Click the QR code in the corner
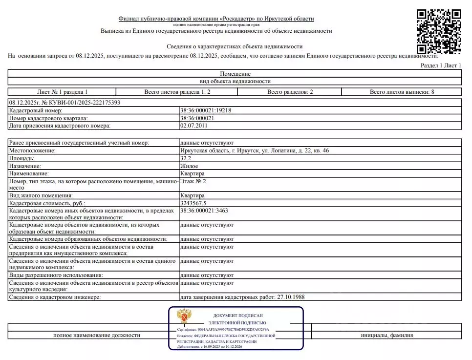pyautogui.click(x=438, y=32)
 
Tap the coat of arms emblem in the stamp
pyautogui.click(x=184, y=316)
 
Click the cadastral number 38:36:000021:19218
pyautogui.click(x=206, y=110)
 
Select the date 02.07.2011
pyautogui.click(x=193, y=126)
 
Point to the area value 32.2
pyautogui.click(x=186, y=158)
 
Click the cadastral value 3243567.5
pyautogui.click(x=193, y=203)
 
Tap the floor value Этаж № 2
pyautogui.click(x=193, y=181)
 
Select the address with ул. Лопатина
pyautogui.click(x=254, y=150)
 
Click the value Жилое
pyautogui.click(x=189, y=166)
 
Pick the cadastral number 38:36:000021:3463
pyautogui.click(x=204, y=211)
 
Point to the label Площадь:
pyautogui.click(x=21, y=158)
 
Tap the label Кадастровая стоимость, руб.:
pyautogui.click(x=47, y=203)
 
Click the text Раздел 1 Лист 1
pyautogui.click(x=441, y=65)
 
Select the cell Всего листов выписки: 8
pyautogui.click(x=402, y=92)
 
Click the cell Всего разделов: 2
pyautogui.click(x=290, y=92)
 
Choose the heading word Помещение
pyautogui.click(x=235, y=74)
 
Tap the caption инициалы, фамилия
pyautogui.click(x=386, y=335)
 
